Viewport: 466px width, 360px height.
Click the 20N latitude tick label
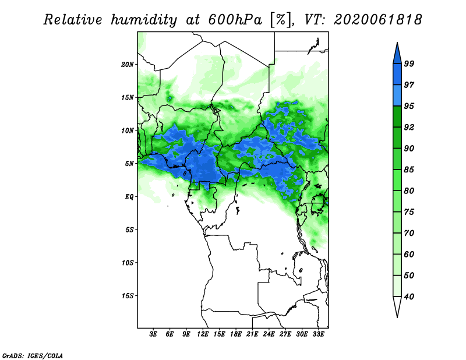tap(128, 65)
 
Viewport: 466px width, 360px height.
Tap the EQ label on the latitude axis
tap(129, 197)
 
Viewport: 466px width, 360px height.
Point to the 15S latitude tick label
tap(128, 296)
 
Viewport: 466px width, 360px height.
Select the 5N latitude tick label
tap(129, 164)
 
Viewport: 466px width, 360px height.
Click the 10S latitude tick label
tap(128, 263)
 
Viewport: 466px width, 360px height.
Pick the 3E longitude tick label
tap(153, 334)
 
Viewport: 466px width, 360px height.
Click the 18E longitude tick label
tap(236, 334)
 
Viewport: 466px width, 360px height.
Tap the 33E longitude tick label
tap(318, 334)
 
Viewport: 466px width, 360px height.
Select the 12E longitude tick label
tap(203, 334)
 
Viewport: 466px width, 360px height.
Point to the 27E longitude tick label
tap(285, 334)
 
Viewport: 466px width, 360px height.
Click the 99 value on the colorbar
tap(409, 63)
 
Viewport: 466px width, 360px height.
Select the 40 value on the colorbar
tap(409, 297)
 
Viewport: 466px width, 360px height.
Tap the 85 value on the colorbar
tap(409, 170)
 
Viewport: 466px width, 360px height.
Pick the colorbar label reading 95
tap(409, 106)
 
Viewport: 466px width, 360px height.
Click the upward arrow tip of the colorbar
tap(397, 43)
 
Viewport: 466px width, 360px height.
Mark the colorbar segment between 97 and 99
tap(397, 75)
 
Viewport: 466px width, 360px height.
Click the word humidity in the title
tap(144, 20)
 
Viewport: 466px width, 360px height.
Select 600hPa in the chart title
tap(235, 20)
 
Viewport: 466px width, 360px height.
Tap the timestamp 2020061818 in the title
tap(377, 20)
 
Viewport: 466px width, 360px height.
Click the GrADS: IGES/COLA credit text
tap(33, 355)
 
